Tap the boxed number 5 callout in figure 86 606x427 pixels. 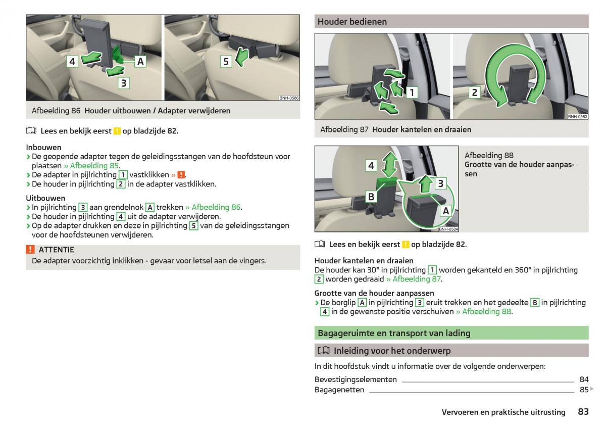(226, 62)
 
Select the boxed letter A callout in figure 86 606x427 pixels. (140, 62)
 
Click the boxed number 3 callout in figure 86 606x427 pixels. (124, 83)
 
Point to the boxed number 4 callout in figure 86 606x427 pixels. (72, 62)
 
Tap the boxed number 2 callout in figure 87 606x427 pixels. (474, 92)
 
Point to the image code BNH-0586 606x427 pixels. (289, 99)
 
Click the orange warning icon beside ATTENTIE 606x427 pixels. (30, 250)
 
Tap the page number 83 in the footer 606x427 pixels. (583, 412)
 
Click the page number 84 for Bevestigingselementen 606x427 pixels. (584, 379)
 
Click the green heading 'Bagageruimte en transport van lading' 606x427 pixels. (394, 333)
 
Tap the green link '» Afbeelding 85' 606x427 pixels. (91, 166)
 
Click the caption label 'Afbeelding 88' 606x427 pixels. (489, 156)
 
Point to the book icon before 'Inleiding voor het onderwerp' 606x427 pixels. (323, 351)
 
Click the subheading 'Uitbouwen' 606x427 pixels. (45, 198)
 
